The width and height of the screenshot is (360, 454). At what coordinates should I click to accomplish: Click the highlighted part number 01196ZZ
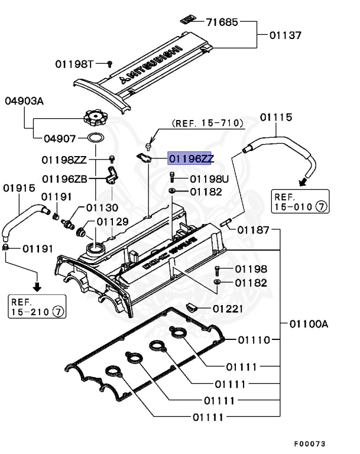tap(191, 158)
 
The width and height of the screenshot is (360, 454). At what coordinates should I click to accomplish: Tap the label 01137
tap(286, 35)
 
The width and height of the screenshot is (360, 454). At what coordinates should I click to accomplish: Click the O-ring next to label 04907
tap(96, 138)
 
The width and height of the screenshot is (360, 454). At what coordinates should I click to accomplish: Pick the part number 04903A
tap(24, 101)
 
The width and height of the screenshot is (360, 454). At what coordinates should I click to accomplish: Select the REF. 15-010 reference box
tap(300, 202)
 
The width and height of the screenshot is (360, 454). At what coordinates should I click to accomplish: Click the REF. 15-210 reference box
tap(37, 306)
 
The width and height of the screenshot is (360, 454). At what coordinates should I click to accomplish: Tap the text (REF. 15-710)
tap(207, 123)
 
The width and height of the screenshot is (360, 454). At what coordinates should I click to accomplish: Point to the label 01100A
tap(309, 323)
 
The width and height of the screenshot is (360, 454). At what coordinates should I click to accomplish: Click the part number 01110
tap(254, 340)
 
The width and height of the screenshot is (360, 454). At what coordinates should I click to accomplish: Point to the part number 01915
tap(18, 187)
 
